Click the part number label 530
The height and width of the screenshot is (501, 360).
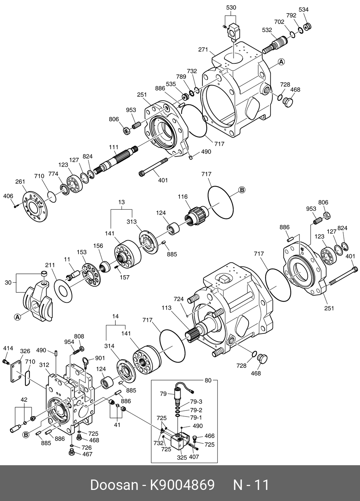[231, 8]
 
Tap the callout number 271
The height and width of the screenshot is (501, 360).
[203, 50]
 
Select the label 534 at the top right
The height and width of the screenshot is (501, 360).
[303, 10]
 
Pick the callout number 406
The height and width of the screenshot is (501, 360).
[8, 196]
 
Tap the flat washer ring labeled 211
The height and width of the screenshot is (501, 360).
[63, 289]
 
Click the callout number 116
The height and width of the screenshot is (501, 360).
[183, 197]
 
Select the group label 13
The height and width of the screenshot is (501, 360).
[121, 202]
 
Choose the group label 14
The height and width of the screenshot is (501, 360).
[115, 316]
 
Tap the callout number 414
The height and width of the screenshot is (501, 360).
[8, 348]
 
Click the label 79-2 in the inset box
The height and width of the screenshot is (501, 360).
[196, 410]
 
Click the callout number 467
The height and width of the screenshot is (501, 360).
[87, 454]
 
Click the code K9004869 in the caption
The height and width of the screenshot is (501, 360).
[182, 485]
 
